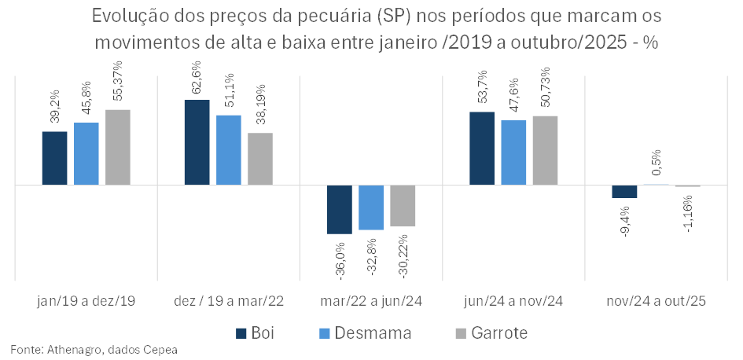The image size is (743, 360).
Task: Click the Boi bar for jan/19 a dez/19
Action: click(x=54, y=158)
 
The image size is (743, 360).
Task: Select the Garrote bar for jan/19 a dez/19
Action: click(x=118, y=147)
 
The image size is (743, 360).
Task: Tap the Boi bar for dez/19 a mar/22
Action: click(x=197, y=142)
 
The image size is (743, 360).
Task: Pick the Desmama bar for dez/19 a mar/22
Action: click(x=229, y=150)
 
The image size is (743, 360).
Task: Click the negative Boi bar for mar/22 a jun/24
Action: click(x=340, y=209)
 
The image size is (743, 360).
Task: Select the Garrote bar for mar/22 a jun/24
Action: click(x=403, y=206)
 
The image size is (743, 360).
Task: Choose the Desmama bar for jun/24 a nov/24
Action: click(x=513, y=152)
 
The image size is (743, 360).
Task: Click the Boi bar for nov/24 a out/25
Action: click(x=624, y=192)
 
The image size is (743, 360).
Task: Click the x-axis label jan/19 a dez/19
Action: click(x=86, y=301)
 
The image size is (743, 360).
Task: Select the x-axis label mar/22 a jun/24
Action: click(x=371, y=301)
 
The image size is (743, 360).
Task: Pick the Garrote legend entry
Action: click(x=491, y=333)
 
